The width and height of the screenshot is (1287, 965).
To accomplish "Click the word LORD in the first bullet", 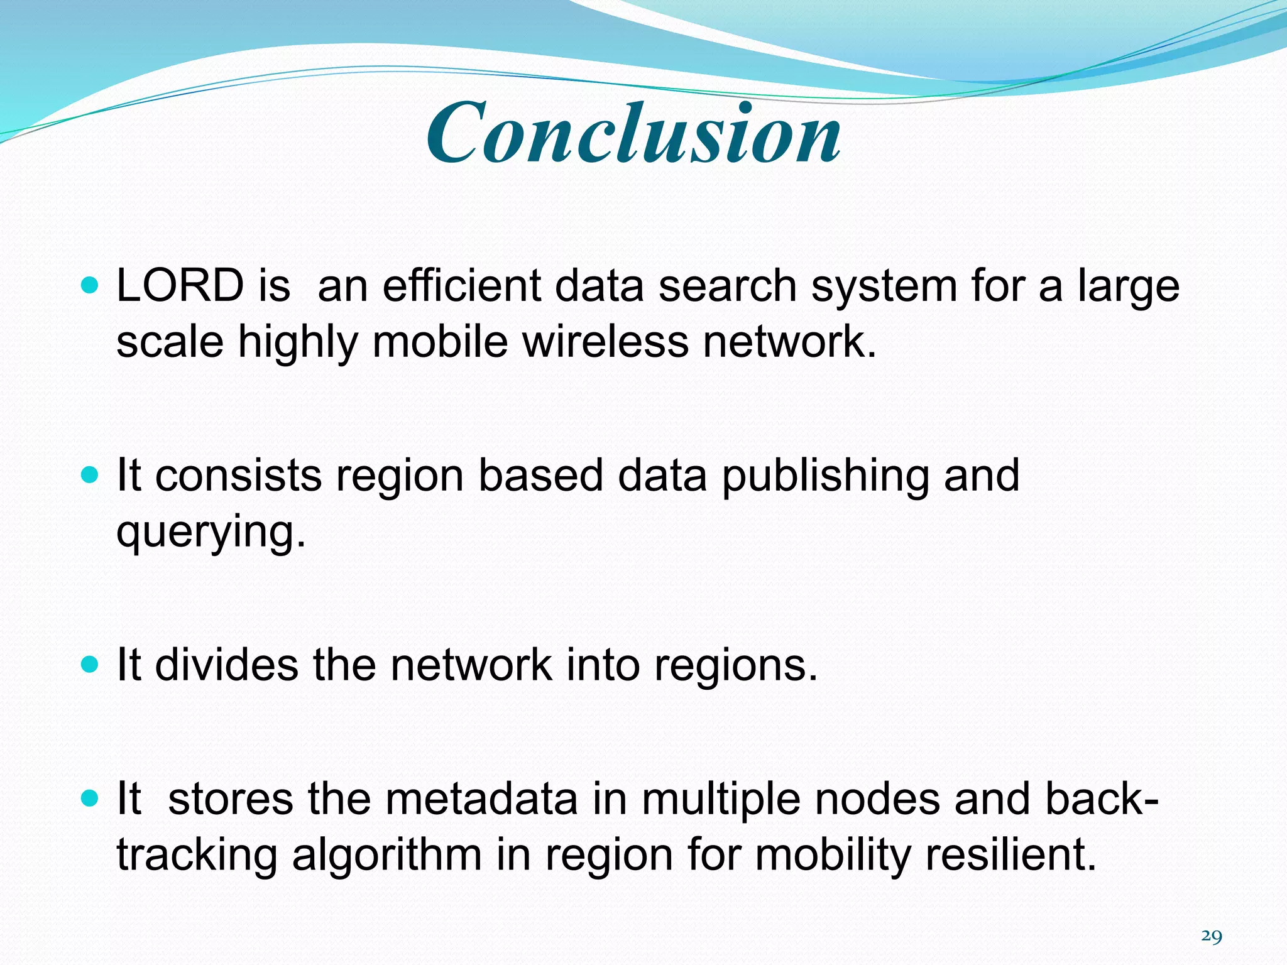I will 180,286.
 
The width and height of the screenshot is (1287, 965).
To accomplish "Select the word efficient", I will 462,286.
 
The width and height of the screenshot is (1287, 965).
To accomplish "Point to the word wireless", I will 605,342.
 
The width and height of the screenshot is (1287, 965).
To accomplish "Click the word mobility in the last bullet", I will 831,856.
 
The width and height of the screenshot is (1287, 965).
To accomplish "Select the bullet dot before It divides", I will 91,665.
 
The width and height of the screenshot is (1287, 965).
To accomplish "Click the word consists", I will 238,476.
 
